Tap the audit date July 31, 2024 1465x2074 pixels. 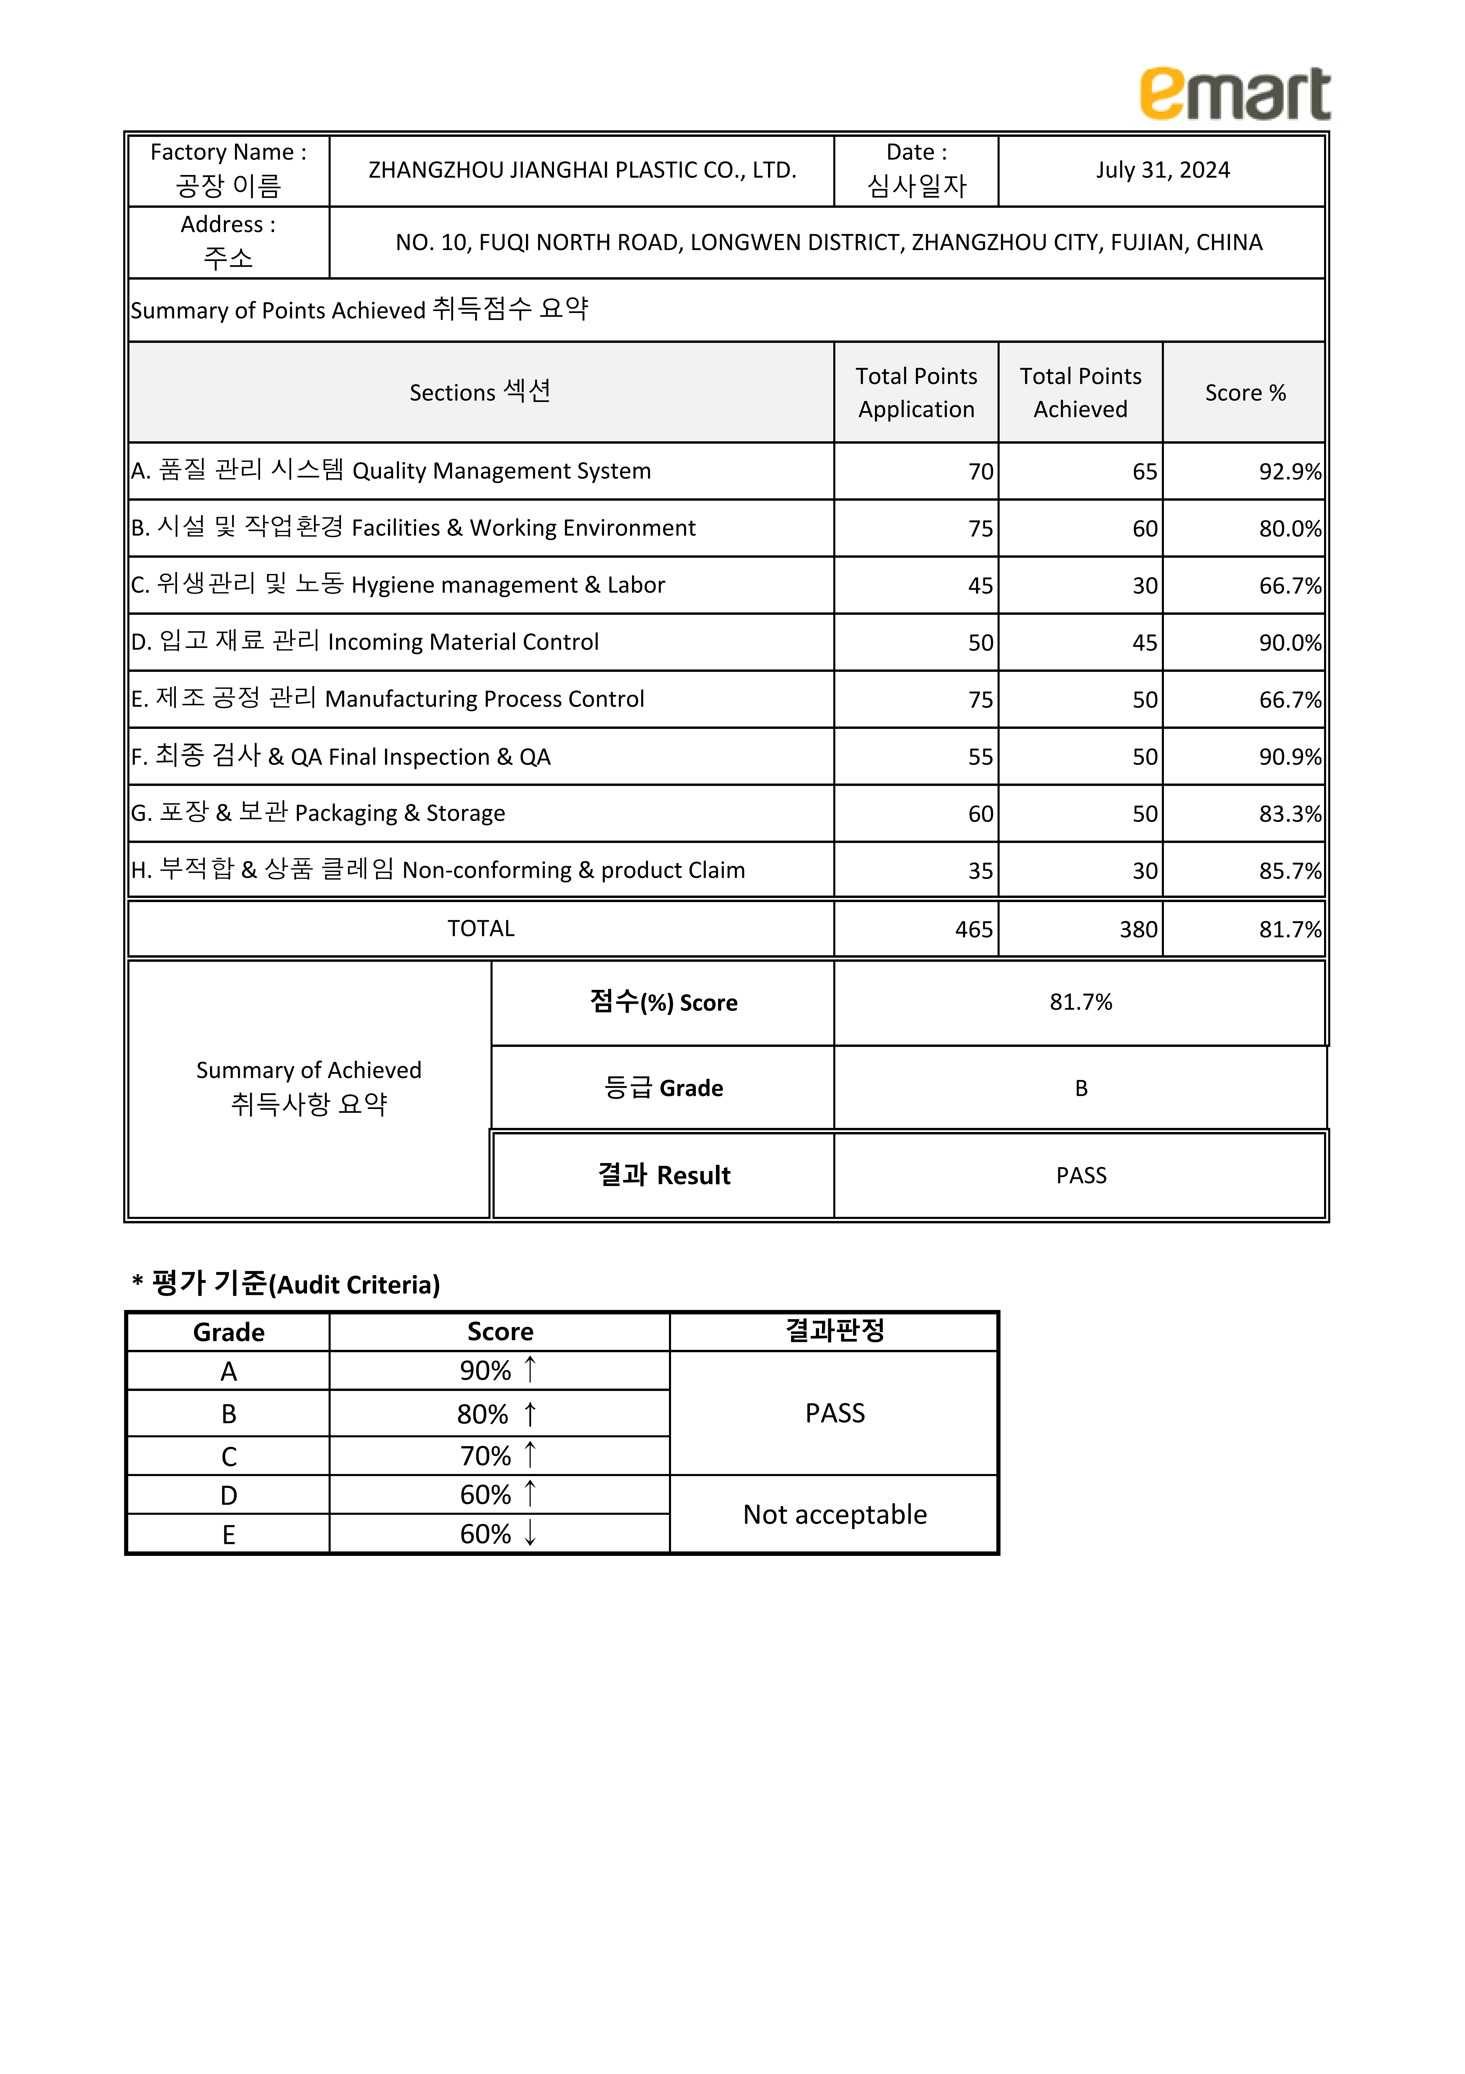[x=1162, y=171]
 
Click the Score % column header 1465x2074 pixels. [x=1245, y=393]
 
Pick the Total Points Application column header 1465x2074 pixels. [x=916, y=393]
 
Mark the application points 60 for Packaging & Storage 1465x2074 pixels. [x=980, y=814]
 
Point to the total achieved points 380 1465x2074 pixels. [x=1138, y=930]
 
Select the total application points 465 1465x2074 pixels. [x=974, y=930]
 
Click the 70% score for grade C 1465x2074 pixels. [x=486, y=1456]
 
